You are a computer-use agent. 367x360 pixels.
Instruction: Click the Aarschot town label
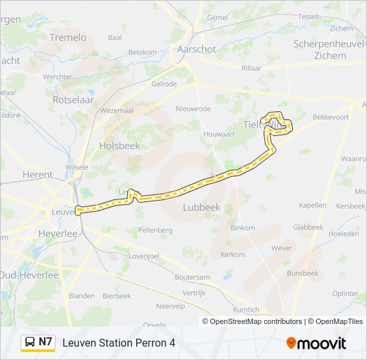(x=196, y=49)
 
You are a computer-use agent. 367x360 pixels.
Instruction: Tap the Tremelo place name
(x=68, y=37)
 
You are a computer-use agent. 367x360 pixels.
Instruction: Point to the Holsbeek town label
(x=119, y=145)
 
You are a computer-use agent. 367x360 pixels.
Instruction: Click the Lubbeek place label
(x=202, y=207)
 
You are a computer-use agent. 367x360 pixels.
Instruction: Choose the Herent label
(x=37, y=175)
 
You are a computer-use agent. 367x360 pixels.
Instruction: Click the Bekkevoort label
(x=330, y=117)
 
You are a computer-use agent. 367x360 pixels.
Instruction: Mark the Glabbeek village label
(x=308, y=227)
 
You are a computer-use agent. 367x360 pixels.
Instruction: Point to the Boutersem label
(x=192, y=277)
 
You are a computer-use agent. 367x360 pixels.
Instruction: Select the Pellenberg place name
(x=155, y=230)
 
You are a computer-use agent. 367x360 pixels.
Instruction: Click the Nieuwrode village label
(x=193, y=109)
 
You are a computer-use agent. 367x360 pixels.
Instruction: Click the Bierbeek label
(x=117, y=296)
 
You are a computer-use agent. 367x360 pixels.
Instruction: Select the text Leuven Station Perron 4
(x=119, y=343)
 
